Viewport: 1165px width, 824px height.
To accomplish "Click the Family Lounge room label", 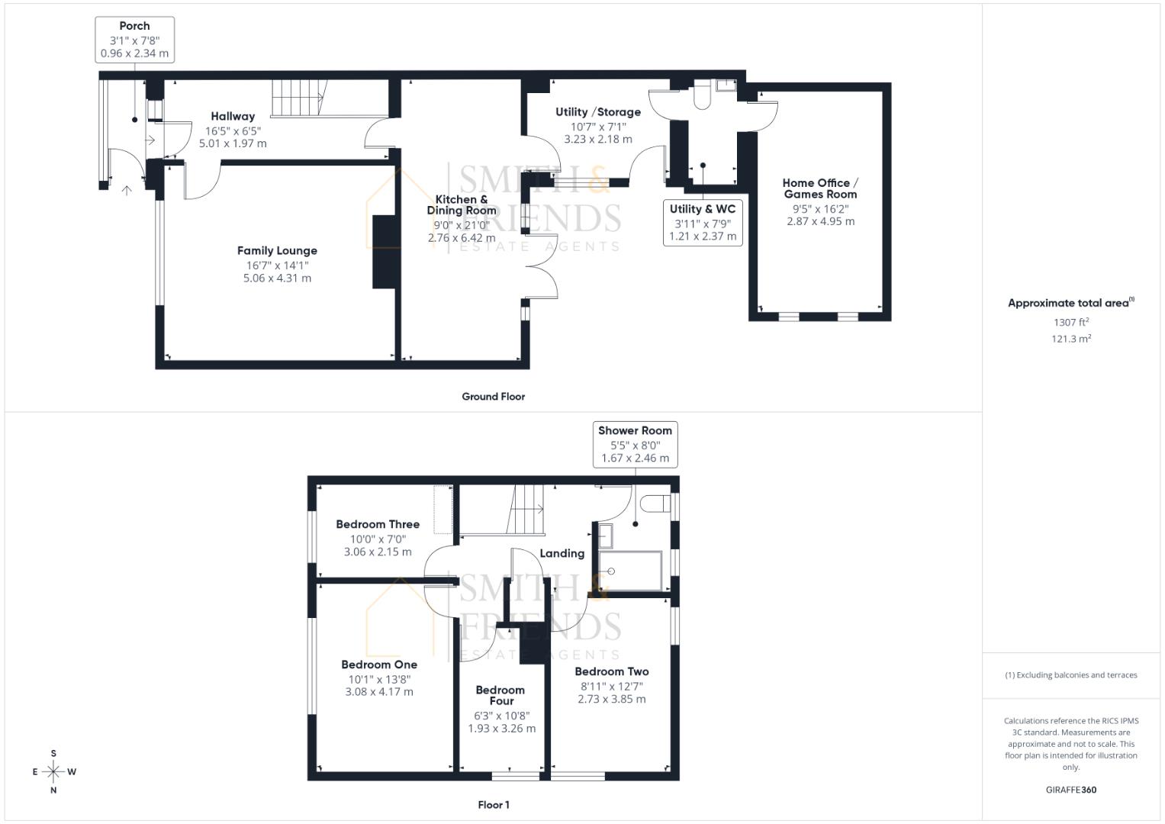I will pyautogui.click(x=277, y=250).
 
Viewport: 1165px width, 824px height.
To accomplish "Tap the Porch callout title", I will pyautogui.click(x=134, y=26).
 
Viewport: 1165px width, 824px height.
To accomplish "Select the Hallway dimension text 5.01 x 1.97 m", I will pyautogui.click(x=233, y=143).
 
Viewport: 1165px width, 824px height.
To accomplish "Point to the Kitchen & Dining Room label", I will pyautogui.click(x=462, y=204).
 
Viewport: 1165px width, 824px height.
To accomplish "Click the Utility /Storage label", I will pyautogui.click(x=597, y=112).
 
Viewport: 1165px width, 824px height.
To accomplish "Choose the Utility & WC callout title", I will pyautogui.click(x=703, y=209).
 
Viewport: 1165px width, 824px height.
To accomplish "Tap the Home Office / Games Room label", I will pyautogui.click(x=820, y=188).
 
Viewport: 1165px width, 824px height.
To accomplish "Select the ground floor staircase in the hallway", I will pyautogui.click(x=298, y=98).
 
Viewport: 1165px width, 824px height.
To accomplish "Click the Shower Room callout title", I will pyautogui.click(x=635, y=431).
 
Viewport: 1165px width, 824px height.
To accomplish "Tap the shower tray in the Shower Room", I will pyautogui.click(x=630, y=571).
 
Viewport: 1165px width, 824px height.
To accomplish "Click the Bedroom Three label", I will pyautogui.click(x=378, y=524).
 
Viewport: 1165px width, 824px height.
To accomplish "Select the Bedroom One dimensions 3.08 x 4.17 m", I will pyautogui.click(x=379, y=692).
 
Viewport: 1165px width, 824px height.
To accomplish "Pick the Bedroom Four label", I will pyautogui.click(x=500, y=695).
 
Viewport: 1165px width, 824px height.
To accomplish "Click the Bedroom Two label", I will pyautogui.click(x=612, y=671).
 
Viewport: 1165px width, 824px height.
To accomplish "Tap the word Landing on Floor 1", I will pyautogui.click(x=562, y=553).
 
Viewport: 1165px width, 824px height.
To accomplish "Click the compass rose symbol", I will pyautogui.click(x=53, y=771).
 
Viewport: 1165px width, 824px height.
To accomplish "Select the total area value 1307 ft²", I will pyautogui.click(x=1070, y=322).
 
